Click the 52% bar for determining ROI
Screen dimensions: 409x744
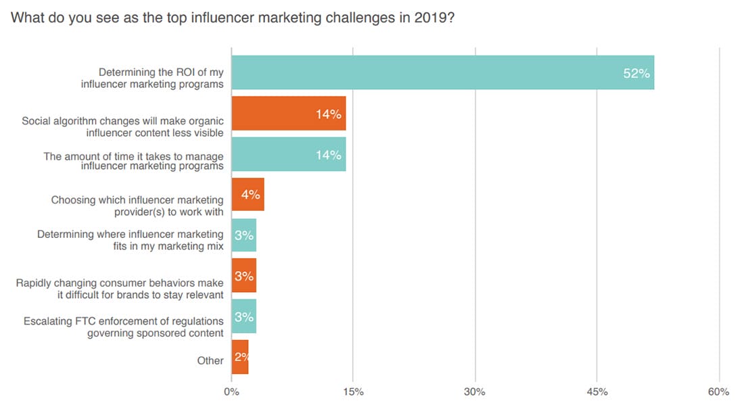pyautogui.click(x=442, y=73)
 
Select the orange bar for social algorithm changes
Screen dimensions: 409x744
pyautogui.click(x=288, y=114)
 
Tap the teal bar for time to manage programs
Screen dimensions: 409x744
pyautogui.click(x=288, y=154)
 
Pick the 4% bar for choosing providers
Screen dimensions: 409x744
pyautogui.click(x=248, y=195)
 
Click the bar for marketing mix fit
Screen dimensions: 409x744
pyautogui.click(x=243, y=235)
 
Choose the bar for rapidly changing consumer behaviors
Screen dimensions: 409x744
pyautogui.click(x=243, y=276)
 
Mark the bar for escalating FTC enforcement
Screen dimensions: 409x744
pyautogui.click(x=243, y=316)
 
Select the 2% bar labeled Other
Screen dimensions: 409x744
pyautogui.click(x=240, y=357)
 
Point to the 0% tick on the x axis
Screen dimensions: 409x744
pyautogui.click(x=231, y=392)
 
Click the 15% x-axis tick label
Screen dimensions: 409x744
pyautogui.click(x=353, y=392)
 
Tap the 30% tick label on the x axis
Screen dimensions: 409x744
pyautogui.click(x=475, y=392)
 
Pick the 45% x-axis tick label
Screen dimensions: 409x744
pyautogui.click(x=597, y=392)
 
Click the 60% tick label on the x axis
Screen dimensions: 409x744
pyautogui.click(x=718, y=392)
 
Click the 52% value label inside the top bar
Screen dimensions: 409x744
pyautogui.click(x=636, y=74)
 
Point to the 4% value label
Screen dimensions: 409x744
pyautogui.click(x=250, y=195)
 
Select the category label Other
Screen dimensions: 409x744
pyautogui.click(x=210, y=360)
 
